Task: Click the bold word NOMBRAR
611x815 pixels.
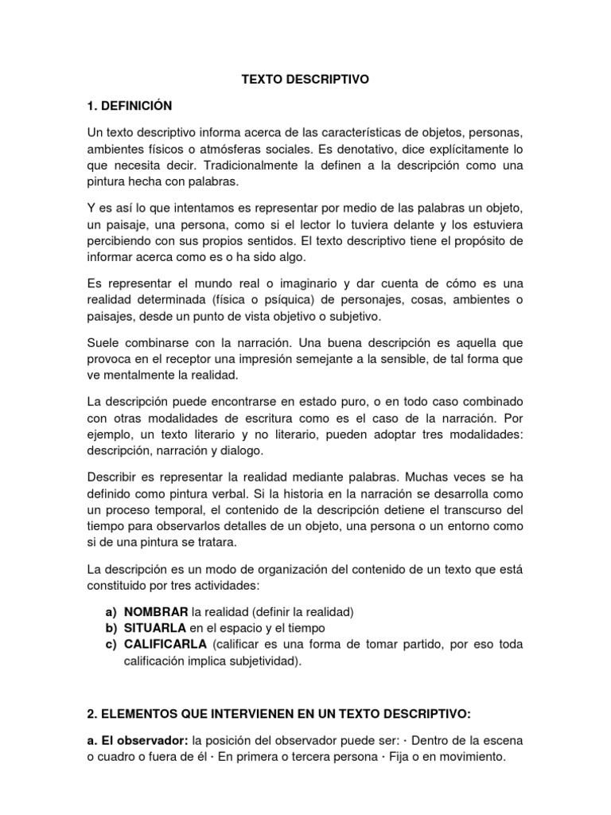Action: [156, 611]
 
